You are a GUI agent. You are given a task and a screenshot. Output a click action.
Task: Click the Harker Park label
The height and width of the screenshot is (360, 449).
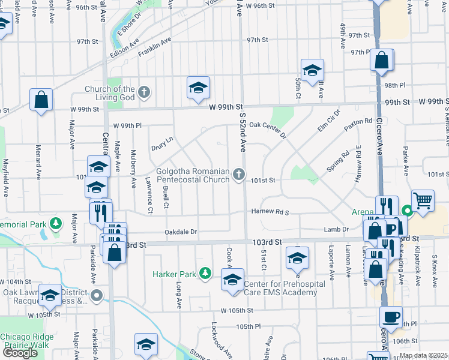tap(179, 274)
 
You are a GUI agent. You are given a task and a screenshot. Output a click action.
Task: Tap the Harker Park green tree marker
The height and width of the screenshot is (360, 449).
tap(205, 274)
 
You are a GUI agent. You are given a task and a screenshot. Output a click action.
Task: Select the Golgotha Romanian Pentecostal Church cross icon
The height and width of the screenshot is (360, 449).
tap(239, 175)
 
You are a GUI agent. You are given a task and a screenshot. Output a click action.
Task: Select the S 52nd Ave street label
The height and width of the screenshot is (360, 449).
tap(244, 128)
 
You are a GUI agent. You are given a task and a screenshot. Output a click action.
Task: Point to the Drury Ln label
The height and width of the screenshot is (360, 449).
tap(162, 143)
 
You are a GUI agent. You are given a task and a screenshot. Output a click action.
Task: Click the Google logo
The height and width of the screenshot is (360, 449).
tap(20, 353)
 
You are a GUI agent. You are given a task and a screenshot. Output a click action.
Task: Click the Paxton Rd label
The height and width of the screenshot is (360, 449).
tap(359, 125)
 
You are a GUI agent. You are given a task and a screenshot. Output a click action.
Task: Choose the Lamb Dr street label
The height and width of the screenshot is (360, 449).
tap(336, 229)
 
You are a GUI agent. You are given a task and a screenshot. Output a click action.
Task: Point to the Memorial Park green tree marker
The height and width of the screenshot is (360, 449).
tap(56, 224)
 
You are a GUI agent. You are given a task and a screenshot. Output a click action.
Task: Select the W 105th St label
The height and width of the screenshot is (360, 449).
tap(237, 310)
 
